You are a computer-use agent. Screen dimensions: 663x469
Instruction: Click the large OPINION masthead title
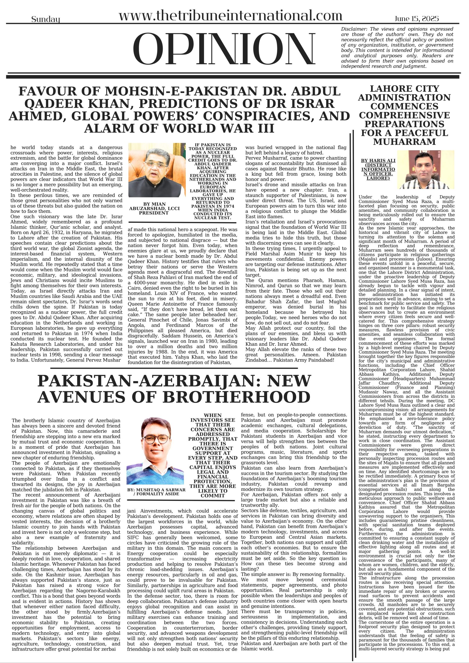pyautogui.click(x=224, y=49)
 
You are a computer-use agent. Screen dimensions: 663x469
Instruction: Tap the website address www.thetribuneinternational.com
pyautogui.click(x=230, y=16)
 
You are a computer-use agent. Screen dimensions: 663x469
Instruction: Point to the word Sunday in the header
pyautogui.click(x=46, y=20)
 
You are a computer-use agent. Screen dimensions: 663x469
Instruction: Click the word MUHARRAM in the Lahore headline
pyautogui.click(x=404, y=142)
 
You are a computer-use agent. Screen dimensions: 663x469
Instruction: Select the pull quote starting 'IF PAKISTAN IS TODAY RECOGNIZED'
pyautogui.click(x=212, y=181)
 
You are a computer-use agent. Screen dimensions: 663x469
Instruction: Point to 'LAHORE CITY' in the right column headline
pyautogui.click(x=404, y=88)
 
